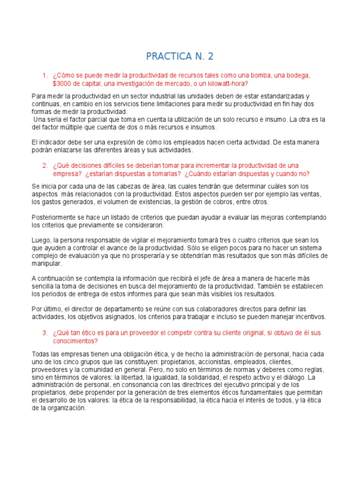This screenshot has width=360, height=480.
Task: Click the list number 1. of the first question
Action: tap(45, 75)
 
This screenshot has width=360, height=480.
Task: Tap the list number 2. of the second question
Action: tap(45, 165)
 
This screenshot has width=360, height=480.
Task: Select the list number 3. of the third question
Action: tap(45, 332)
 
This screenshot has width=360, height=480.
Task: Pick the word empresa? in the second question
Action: tap(67, 173)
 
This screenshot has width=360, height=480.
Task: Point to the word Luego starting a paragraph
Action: tap(41, 240)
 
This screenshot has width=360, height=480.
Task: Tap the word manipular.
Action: tap(46, 264)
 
